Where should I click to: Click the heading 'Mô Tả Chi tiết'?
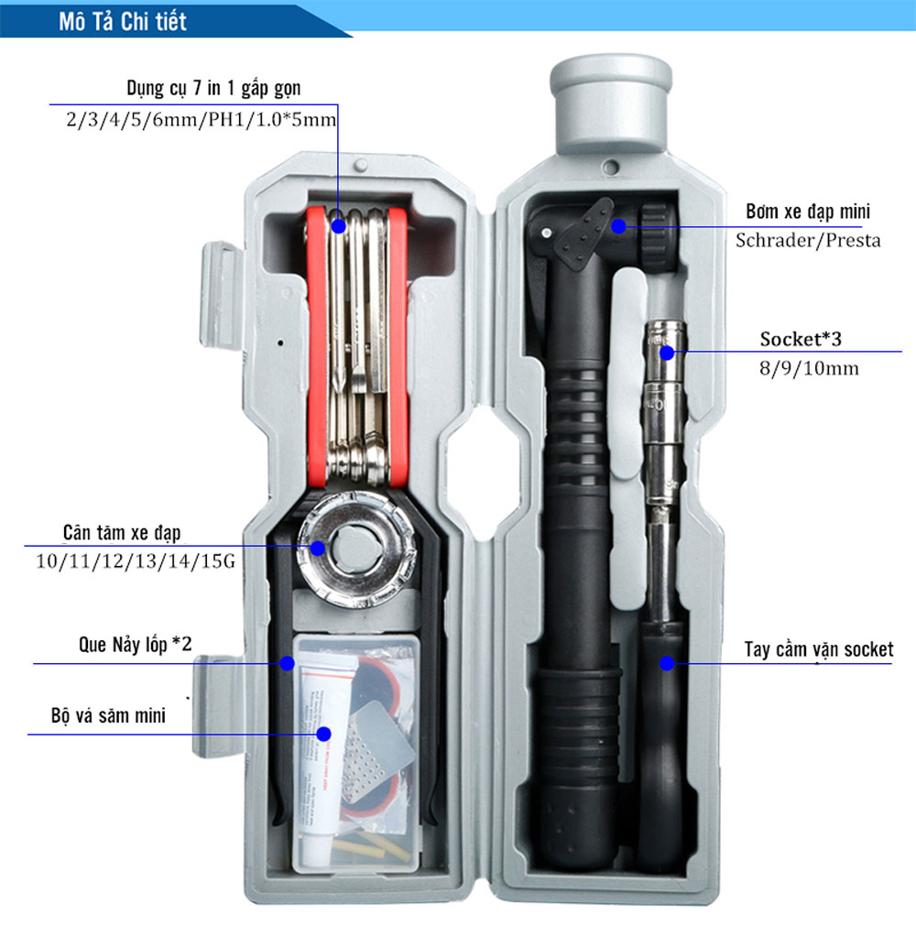[x=122, y=21]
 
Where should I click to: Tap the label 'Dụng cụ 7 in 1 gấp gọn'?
[x=213, y=89]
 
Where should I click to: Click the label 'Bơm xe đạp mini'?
[x=808, y=212]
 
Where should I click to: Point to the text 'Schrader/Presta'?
[x=808, y=241]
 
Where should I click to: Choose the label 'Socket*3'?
[x=800, y=340]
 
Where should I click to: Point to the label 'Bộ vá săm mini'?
[x=108, y=715]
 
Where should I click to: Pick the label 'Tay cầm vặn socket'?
[x=818, y=650]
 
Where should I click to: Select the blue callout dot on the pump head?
[x=618, y=225]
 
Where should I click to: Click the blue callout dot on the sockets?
[x=667, y=352]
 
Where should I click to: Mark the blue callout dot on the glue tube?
[x=322, y=733]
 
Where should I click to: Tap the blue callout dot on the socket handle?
[x=667, y=662]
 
